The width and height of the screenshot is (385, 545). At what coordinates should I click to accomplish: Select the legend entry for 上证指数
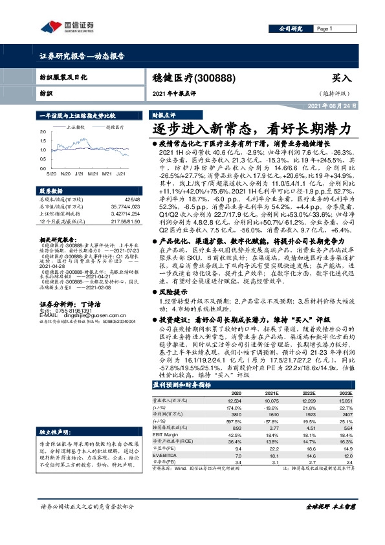pyautogui.click(x=76, y=128)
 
